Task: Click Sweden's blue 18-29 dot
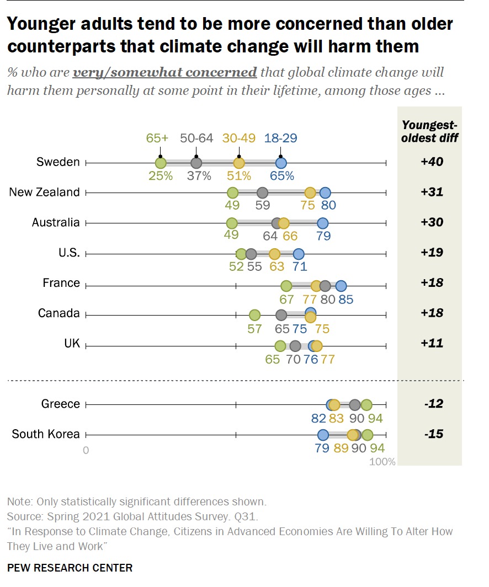[x=281, y=163]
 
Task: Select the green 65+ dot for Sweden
[x=161, y=163]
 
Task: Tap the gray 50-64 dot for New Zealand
[x=262, y=193]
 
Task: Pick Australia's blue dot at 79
[x=323, y=223]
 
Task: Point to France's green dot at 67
[x=286, y=286]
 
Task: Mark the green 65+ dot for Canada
[x=254, y=315]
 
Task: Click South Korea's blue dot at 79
[x=323, y=435]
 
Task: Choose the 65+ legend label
[x=157, y=138]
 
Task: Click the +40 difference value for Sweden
[x=429, y=162]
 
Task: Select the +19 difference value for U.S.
[x=429, y=253]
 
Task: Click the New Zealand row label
[x=45, y=192]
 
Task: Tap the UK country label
[x=72, y=343]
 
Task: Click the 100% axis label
[x=382, y=462]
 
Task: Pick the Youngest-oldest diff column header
[x=429, y=131]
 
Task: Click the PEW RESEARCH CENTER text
[x=70, y=568]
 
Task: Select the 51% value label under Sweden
[x=240, y=177]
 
